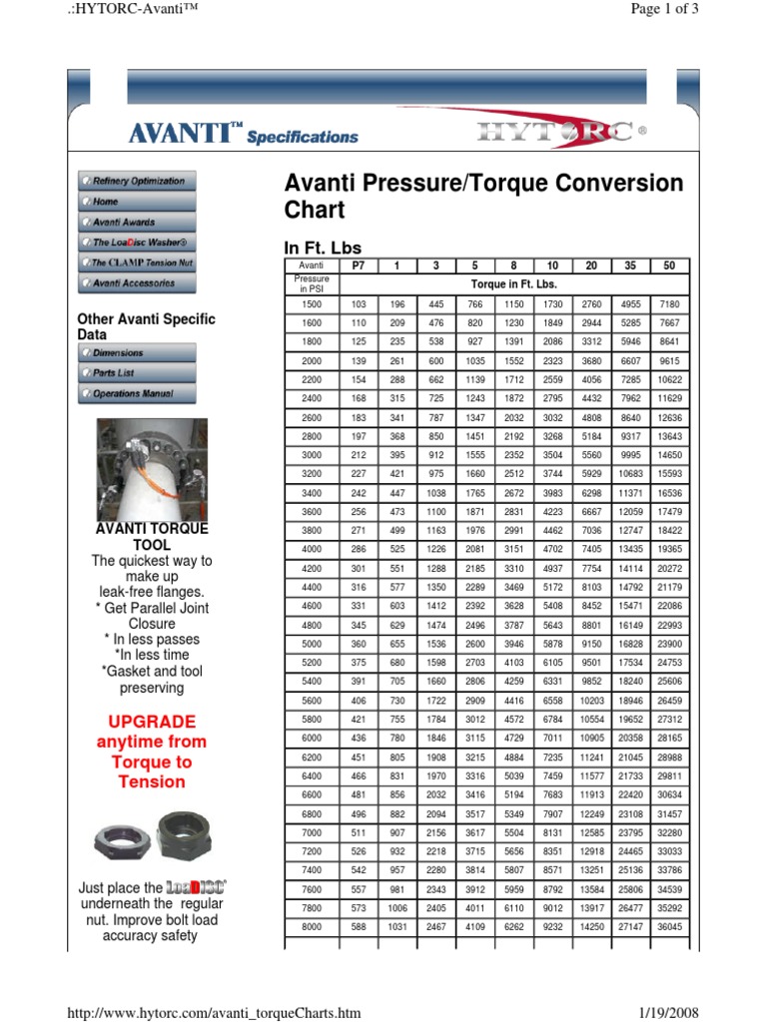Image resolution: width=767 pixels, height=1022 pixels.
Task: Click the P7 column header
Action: pos(360,265)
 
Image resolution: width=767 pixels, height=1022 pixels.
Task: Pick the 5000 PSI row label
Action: pos(312,645)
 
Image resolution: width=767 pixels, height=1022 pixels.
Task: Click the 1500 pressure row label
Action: pos(312,303)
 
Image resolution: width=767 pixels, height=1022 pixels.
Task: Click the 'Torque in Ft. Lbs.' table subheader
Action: pos(514,283)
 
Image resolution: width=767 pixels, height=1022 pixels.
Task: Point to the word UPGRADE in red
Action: pos(151,722)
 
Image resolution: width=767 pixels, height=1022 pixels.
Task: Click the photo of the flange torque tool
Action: pos(151,468)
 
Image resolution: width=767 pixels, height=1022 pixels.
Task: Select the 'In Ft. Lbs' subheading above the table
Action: pos(324,248)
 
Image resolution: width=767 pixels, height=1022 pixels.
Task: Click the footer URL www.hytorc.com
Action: pos(212,1013)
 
